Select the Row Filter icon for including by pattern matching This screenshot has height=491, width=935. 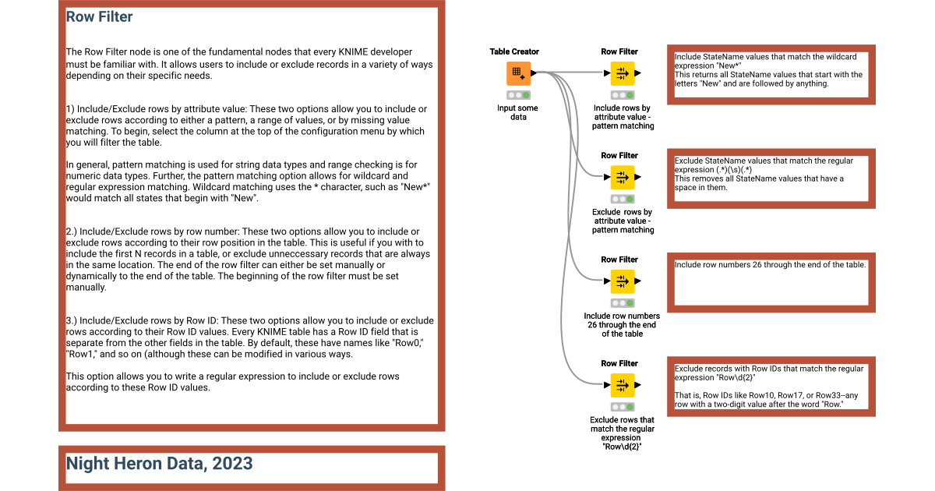(x=622, y=74)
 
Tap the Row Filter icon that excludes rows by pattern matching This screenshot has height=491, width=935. (x=622, y=178)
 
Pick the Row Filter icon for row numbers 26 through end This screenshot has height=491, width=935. (x=622, y=281)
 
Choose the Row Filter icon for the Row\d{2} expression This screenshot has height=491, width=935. (x=622, y=385)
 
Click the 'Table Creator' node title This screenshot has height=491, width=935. (x=514, y=51)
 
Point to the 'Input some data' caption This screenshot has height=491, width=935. (x=517, y=112)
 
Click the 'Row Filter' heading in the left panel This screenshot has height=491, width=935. (x=99, y=16)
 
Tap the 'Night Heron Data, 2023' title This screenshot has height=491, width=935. (x=159, y=464)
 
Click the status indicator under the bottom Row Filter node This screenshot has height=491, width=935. (x=622, y=407)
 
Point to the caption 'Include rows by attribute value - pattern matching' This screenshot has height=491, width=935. (x=622, y=117)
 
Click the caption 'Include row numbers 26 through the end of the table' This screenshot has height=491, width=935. (x=622, y=325)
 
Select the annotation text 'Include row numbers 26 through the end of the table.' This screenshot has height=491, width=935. (x=770, y=265)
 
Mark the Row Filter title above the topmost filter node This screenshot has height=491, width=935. (x=619, y=51)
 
